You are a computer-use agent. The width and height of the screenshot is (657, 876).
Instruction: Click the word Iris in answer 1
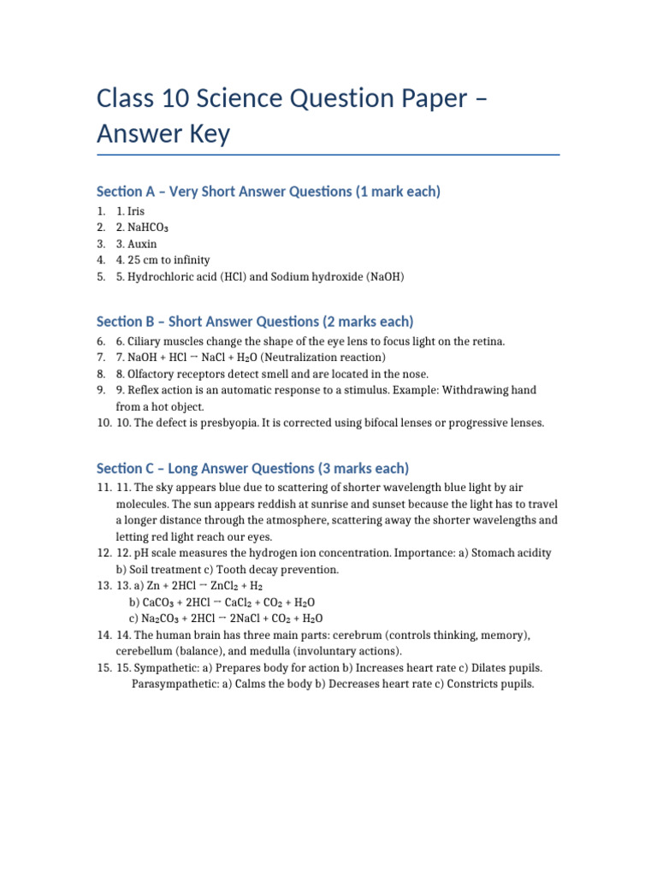click(137, 210)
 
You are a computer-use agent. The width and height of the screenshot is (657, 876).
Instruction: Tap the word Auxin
click(143, 244)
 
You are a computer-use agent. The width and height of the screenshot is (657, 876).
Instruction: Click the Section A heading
click(269, 192)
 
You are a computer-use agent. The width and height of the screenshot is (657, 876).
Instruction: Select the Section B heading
click(255, 322)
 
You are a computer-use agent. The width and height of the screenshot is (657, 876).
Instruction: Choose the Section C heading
click(252, 469)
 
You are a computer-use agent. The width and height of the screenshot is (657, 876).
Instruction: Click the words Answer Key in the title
click(163, 133)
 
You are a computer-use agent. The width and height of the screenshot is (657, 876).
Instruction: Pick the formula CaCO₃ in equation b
click(155, 602)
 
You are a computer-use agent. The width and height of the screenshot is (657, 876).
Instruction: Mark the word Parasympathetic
click(174, 684)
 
